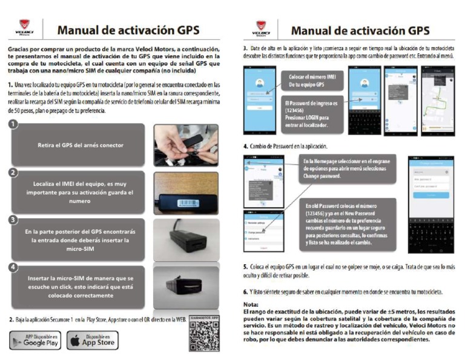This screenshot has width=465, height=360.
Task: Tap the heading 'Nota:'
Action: point(251,304)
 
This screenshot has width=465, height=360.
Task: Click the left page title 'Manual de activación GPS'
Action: point(128,30)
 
